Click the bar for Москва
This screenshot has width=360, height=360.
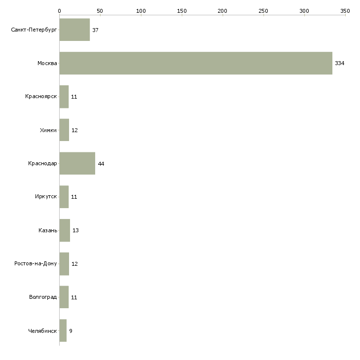pyautogui.click(x=196, y=63)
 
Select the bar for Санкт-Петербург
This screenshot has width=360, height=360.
pyautogui.click(x=74, y=30)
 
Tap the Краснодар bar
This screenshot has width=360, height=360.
pyautogui.click(x=77, y=163)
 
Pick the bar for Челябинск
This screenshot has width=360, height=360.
pyautogui.click(x=63, y=330)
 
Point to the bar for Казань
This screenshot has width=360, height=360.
pyautogui.click(x=65, y=230)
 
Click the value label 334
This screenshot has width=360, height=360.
pyautogui.click(x=339, y=63)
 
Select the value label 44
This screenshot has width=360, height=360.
pyautogui.click(x=101, y=164)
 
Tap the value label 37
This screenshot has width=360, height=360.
pyautogui.click(x=95, y=30)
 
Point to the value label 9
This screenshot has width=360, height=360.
pyautogui.click(x=71, y=331)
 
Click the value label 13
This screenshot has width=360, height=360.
pyautogui.click(x=75, y=230)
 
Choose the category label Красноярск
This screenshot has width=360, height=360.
pyautogui.click(x=41, y=97)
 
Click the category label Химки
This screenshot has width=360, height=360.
pyautogui.click(x=48, y=130)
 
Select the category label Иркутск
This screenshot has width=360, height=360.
pyautogui.click(x=46, y=197)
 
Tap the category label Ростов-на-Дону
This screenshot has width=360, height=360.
pyautogui.click(x=36, y=264)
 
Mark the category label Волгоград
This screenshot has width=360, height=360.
pyautogui.click(x=43, y=297)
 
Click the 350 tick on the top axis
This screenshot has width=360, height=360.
pyautogui.click(x=345, y=10)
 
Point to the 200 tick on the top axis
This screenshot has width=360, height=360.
pyautogui.click(x=222, y=10)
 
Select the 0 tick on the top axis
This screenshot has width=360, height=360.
pyautogui.click(x=59, y=10)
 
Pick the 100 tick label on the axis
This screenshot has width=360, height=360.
pyautogui.click(x=141, y=10)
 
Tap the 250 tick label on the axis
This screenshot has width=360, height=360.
pyautogui.click(x=263, y=10)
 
